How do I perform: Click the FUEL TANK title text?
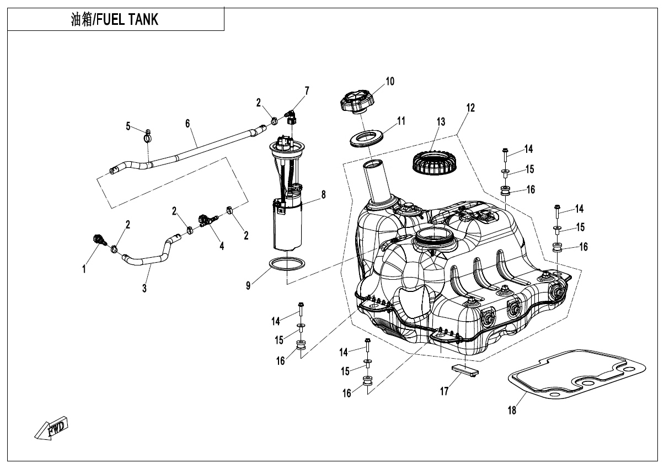click(x=115, y=20)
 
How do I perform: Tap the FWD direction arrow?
click(x=51, y=428)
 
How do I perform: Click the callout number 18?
click(x=512, y=410)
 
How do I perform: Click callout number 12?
click(x=470, y=108)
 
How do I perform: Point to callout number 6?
click(x=188, y=123)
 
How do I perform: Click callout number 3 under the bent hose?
click(x=144, y=288)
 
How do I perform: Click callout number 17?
click(x=445, y=391)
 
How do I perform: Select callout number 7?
click(x=307, y=91)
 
